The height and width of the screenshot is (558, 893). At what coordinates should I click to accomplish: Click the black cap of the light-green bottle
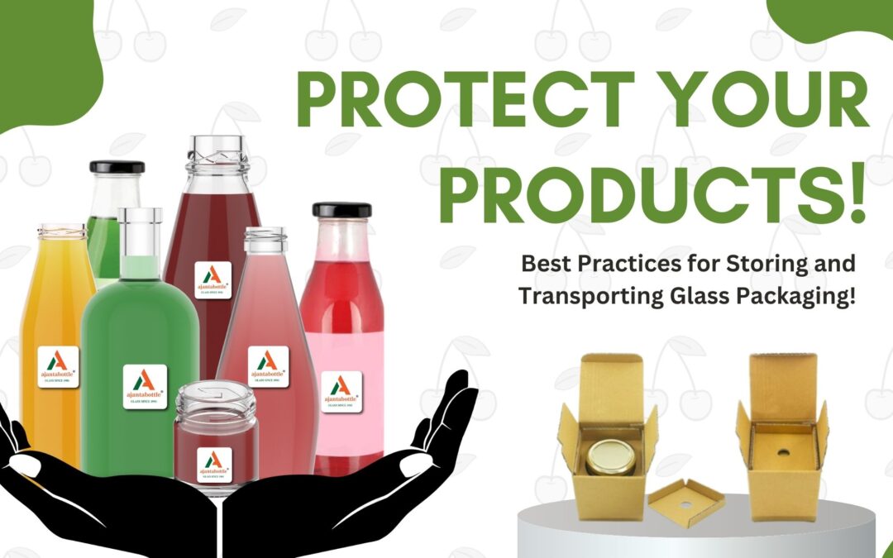(x=117, y=167)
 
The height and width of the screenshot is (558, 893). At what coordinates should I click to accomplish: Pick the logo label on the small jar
(x=214, y=465)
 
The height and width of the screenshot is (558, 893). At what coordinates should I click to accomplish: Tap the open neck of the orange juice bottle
(x=61, y=232)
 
